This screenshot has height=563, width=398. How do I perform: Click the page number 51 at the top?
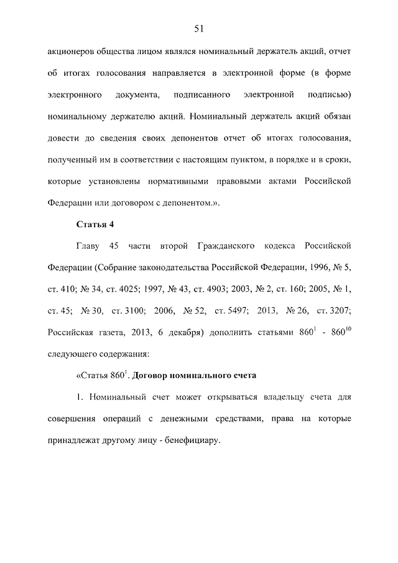[x=199, y=28]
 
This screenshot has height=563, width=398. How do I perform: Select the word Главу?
[x=89, y=246]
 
